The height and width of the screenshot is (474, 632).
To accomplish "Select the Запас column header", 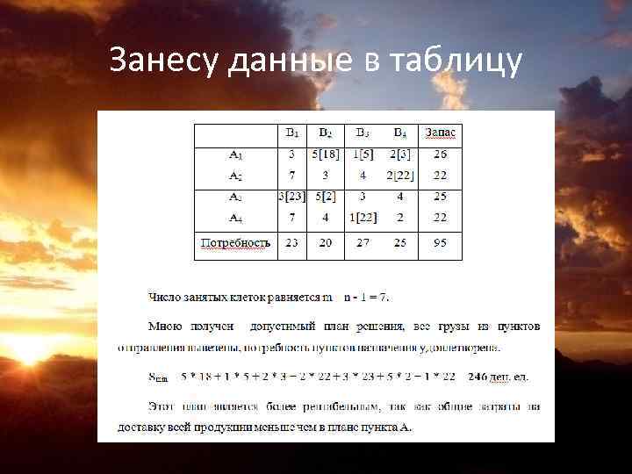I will [441, 133].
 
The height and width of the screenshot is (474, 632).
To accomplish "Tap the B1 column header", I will [291, 133].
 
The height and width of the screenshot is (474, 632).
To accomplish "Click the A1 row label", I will [236, 154].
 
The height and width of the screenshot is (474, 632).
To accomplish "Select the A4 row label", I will [236, 216].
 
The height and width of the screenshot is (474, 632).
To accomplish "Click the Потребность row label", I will [236, 242].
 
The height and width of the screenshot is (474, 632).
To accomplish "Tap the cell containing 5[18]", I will [326, 154].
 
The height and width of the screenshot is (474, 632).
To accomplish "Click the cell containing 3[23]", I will [291, 196].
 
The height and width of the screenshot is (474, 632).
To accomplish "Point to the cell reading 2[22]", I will [399, 175].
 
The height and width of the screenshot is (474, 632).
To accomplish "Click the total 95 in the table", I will [441, 242].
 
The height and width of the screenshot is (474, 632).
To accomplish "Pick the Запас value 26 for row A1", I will [441, 154].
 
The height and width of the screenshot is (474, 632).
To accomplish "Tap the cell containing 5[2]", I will [326, 196].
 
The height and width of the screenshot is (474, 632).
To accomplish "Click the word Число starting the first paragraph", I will [165, 297].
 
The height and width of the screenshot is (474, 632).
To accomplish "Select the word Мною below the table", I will [165, 326].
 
